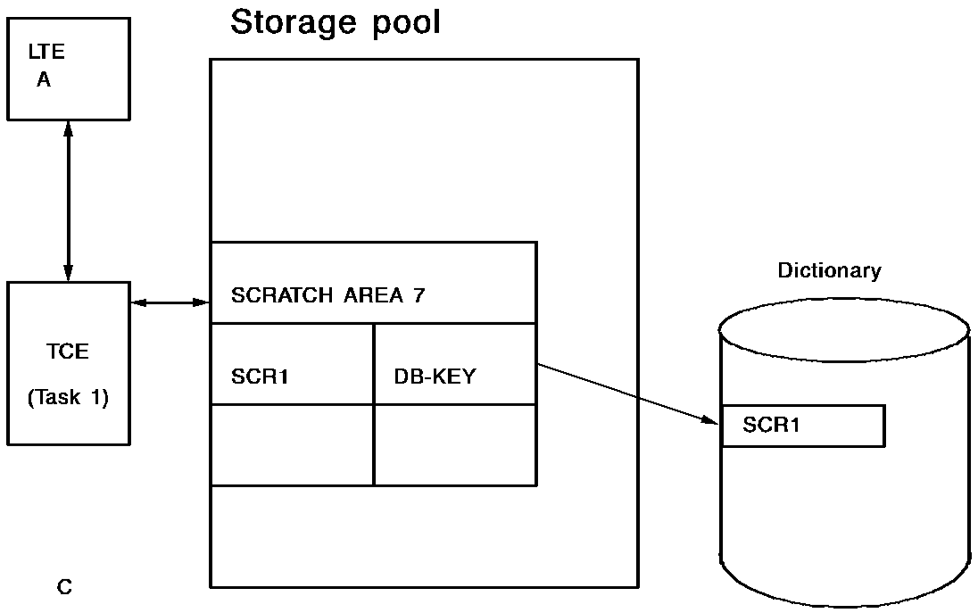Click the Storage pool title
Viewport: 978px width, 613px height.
click(336, 23)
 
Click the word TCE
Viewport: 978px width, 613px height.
click(68, 352)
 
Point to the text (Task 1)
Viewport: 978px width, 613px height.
click(68, 398)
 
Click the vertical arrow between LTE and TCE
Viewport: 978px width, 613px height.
click(68, 201)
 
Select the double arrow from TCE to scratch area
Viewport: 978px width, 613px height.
click(170, 304)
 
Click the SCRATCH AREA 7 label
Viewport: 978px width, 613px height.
click(327, 296)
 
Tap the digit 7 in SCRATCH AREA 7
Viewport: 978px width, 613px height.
click(419, 296)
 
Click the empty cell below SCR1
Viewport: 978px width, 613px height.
click(292, 444)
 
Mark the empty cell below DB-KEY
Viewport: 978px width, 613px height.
click(454, 444)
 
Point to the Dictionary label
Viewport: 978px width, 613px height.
click(829, 270)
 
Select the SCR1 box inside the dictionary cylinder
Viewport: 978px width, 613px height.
click(802, 426)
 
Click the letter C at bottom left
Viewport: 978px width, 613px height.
click(64, 587)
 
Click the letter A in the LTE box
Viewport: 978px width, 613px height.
click(44, 80)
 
